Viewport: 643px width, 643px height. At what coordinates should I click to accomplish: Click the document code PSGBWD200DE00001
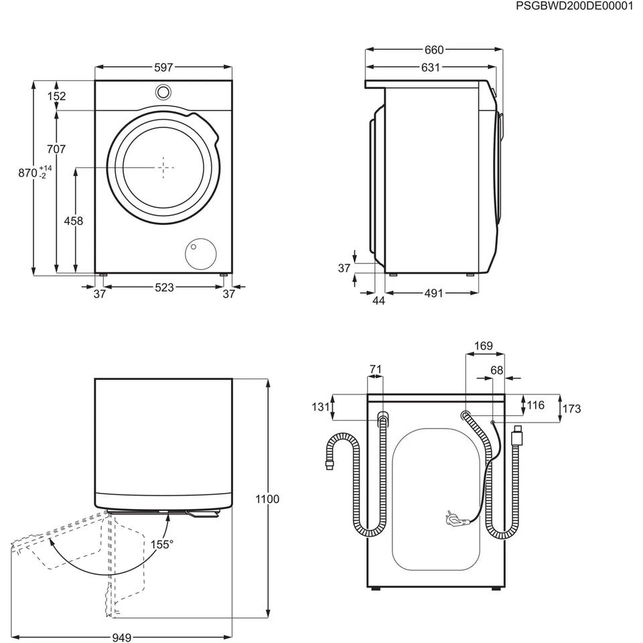[x=574, y=6]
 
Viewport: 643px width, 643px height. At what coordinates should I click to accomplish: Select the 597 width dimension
[x=163, y=67]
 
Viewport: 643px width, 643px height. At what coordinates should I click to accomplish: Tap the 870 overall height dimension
[x=28, y=173]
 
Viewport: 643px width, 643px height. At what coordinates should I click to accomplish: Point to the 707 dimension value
[x=56, y=149]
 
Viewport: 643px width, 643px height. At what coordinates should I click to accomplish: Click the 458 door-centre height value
[x=74, y=221]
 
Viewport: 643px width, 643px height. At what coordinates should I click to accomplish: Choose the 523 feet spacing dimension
[x=165, y=287]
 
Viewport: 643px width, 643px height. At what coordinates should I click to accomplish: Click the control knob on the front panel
[x=163, y=92]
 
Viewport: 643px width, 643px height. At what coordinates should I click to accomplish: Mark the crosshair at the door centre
[x=163, y=167]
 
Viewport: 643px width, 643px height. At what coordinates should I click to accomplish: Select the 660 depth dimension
[x=434, y=50]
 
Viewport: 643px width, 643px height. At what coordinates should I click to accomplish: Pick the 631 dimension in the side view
[x=431, y=67]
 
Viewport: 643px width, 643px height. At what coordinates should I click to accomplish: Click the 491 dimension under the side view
[x=433, y=293]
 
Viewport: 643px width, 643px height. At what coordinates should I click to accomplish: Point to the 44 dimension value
[x=379, y=301]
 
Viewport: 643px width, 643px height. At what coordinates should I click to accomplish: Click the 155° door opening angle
[x=162, y=545]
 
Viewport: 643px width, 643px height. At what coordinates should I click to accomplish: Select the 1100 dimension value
[x=267, y=499]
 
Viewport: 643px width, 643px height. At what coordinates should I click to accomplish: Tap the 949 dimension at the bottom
[x=122, y=637]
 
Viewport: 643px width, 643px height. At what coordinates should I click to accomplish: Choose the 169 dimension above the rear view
[x=484, y=346]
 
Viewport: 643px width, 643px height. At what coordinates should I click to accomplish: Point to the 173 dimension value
[x=571, y=409]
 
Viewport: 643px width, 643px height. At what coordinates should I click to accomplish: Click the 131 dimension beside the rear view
[x=321, y=407]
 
